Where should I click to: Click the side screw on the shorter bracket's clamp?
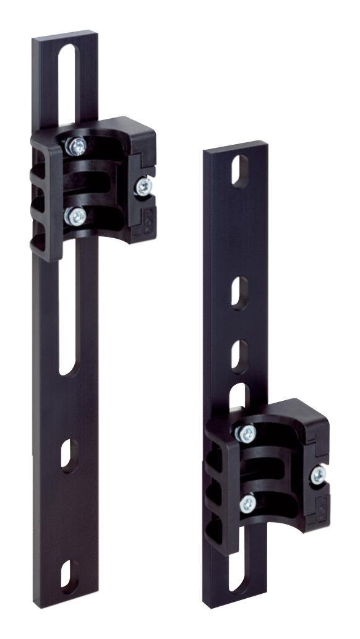pyautogui.click(x=319, y=475)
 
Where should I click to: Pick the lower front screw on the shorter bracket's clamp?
pyautogui.click(x=247, y=502)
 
